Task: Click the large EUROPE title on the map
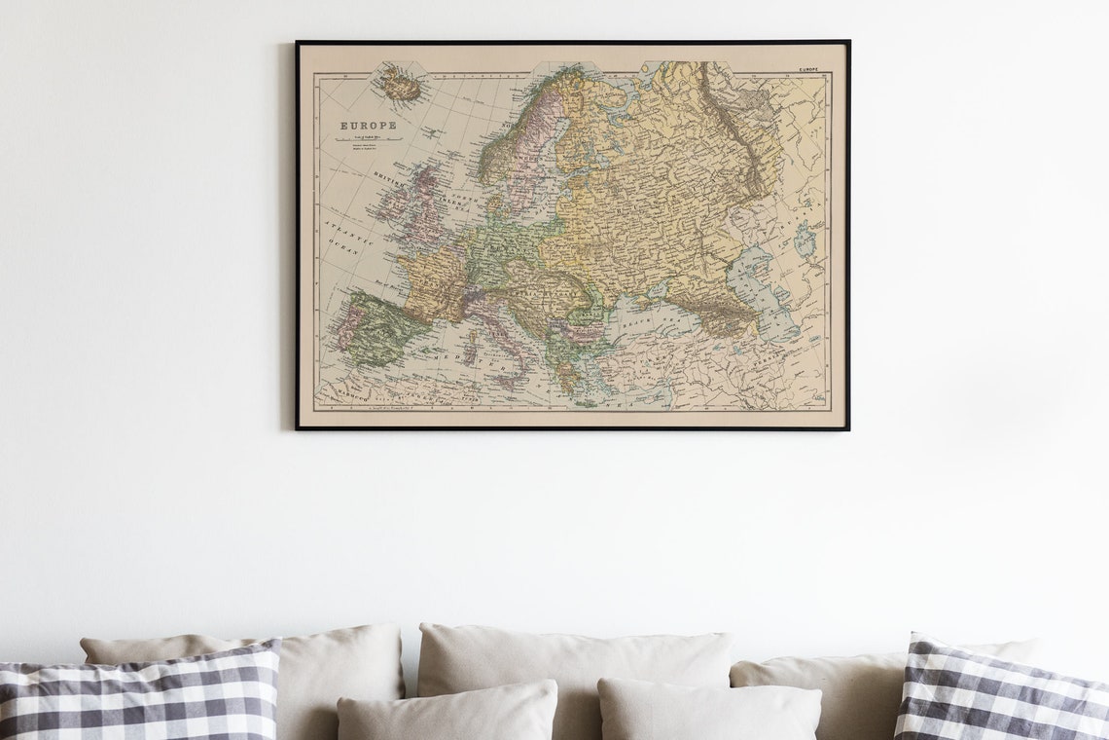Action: coord(367,126)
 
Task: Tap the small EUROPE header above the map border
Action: coord(808,70)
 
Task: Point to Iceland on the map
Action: coord(400,86)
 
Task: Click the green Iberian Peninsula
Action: coord(375,328)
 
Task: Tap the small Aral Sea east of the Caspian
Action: coord(805,240)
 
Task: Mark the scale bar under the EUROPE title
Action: coord(368,139)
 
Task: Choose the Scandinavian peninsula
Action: coord(525,136)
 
